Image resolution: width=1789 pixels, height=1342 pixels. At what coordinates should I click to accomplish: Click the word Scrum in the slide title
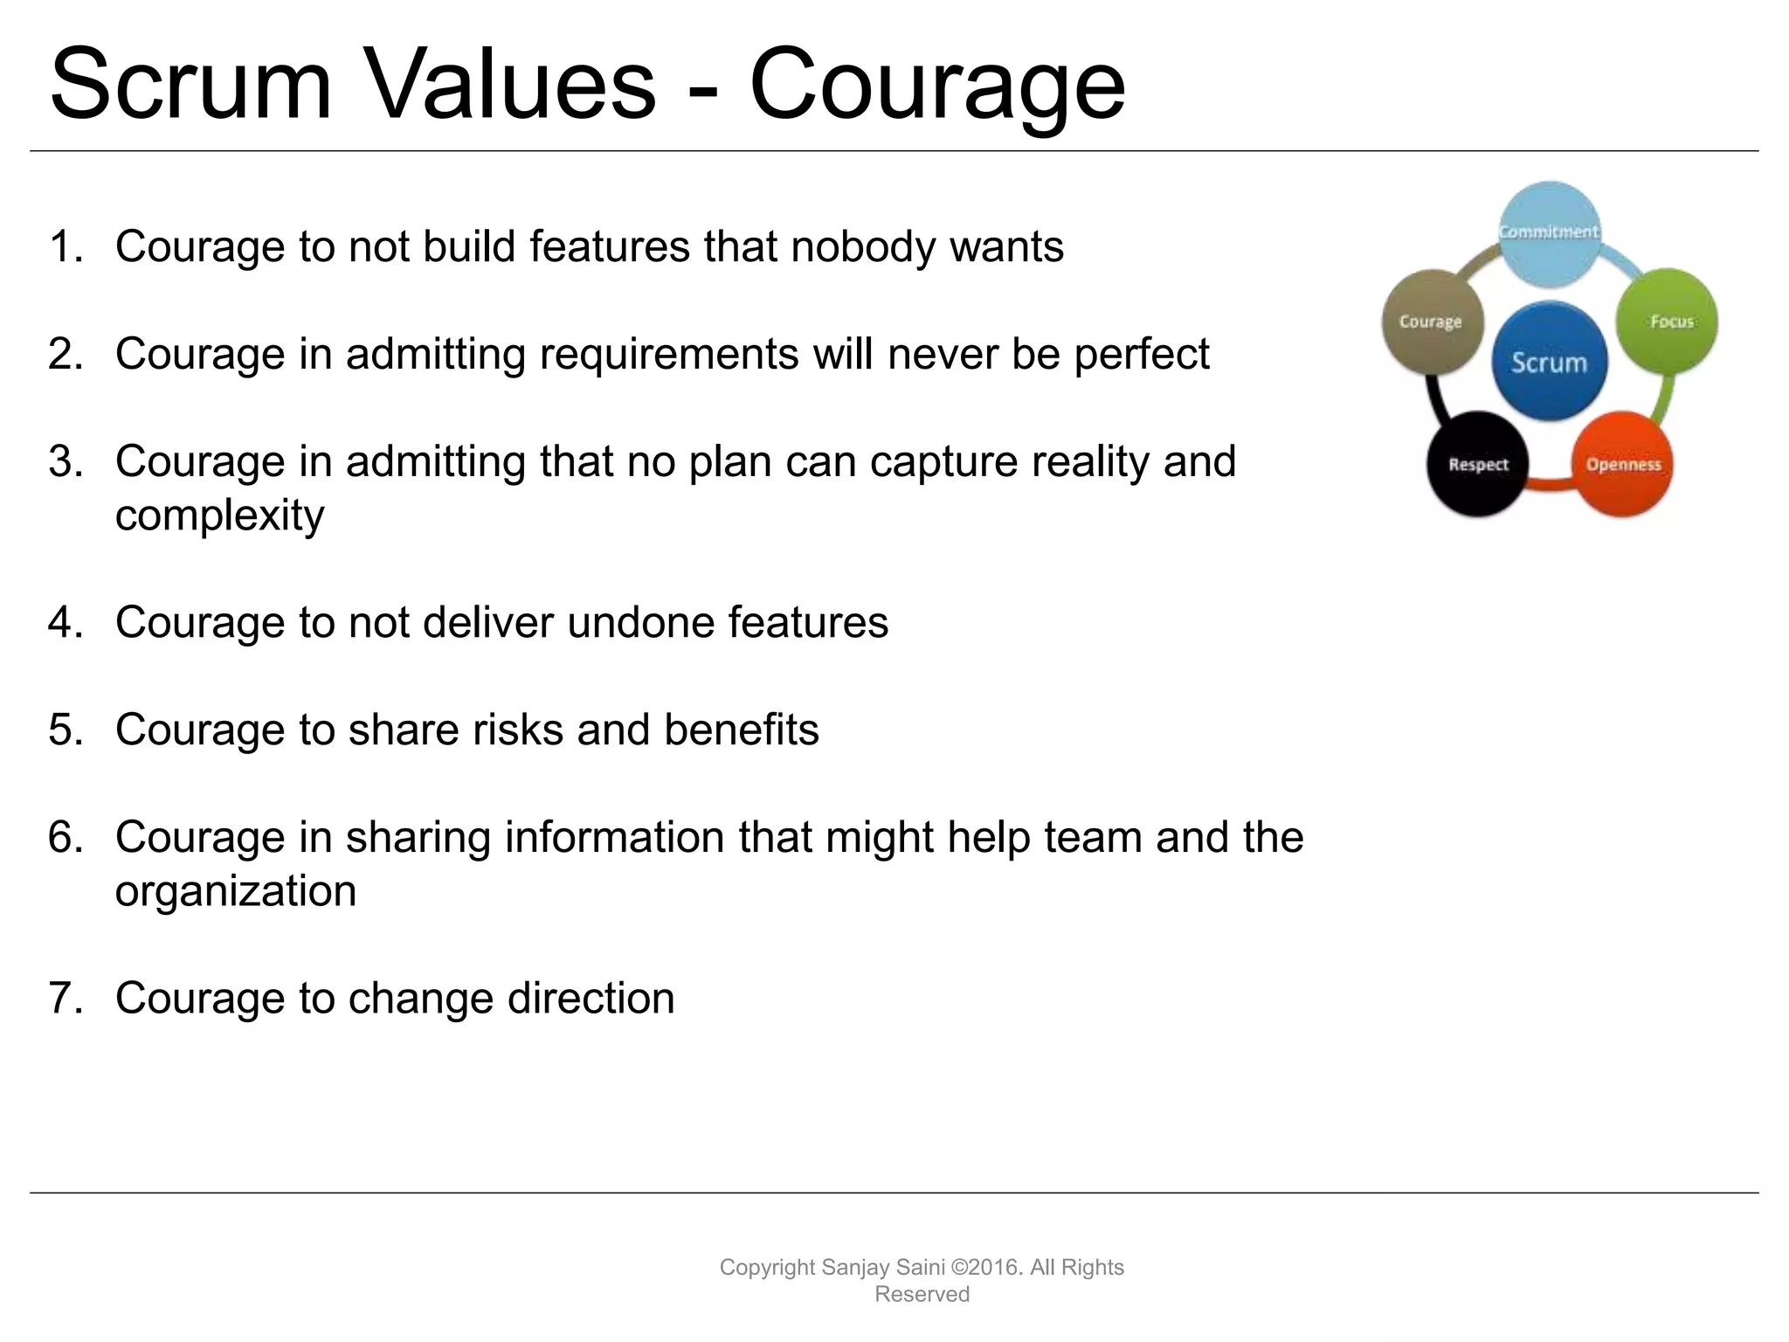pyautogui.click(x=190, y=86)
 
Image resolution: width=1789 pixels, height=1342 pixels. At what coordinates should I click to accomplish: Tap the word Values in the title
pyautogui.click(x=510, y=86)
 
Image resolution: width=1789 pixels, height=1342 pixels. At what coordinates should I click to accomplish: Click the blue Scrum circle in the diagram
pyautogui.click(x=1549, y=361)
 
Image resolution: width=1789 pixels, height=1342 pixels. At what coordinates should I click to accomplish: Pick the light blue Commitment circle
pyautogui.click(x=1550, y=232)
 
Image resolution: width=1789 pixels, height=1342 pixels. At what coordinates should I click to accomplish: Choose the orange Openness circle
pyautogui.click(x=1623, y=464)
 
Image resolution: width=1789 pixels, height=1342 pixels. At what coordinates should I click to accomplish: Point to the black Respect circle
pyautogui.click(x=1477, y=464)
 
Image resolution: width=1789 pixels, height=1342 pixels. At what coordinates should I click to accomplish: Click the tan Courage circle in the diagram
pyautogui.click(x=1430, y=322)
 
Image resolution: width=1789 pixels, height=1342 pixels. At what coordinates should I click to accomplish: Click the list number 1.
pyautogui.click(x=65, y=247)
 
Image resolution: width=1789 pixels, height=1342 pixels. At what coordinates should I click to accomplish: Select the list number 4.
pyautogui.click(x=65, y=623)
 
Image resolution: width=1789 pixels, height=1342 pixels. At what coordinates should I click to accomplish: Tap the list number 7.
pyautogui.click(x=65, y=999)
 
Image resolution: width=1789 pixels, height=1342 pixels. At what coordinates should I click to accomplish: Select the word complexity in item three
pyautogui.click(x=219, y=516)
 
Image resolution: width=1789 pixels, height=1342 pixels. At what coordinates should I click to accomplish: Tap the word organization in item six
pyautogui.click(x=236, y=892)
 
